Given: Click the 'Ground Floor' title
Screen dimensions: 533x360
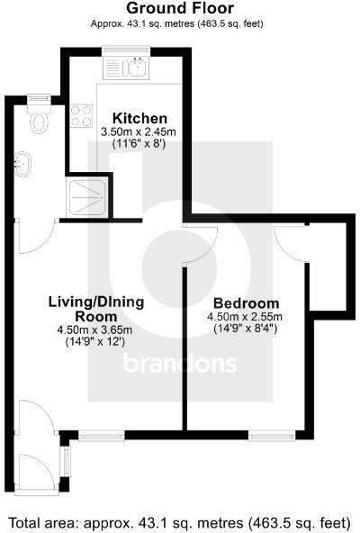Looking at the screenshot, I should point(179,8).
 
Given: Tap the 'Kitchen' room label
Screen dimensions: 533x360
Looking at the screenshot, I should point(139,118).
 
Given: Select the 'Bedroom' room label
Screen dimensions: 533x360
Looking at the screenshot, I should point(244,303).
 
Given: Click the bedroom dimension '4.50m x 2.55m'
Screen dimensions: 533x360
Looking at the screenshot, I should point(244,317).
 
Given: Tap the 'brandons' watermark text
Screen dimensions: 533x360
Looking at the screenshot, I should point(179,365).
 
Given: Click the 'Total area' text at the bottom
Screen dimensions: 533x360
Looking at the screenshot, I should point(180,522).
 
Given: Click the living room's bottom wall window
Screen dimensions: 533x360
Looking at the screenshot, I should point(101,436).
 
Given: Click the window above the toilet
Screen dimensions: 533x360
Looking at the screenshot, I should point(38,97).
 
